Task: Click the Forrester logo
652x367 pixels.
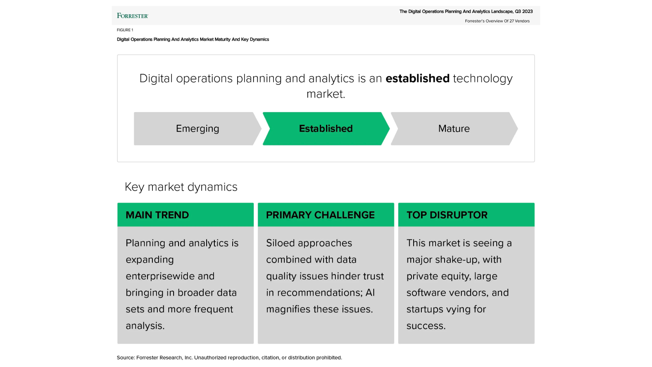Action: click(x=132, y=16)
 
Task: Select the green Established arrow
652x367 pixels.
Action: click(x=326, y=128)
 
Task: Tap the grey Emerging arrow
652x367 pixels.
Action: click(x=197, y=128)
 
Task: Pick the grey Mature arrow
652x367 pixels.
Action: click(x=454, y=128)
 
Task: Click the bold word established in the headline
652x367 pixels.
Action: click(x=417, y=78)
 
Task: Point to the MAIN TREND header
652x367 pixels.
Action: click(x=157, y=215)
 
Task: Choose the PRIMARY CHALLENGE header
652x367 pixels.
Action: click(x=320, y=215)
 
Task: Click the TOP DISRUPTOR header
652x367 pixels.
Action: click(x=447, y=215)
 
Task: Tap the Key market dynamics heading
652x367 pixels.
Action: click(x=181, y=187)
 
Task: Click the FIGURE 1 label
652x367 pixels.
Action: click(x=125, y=30)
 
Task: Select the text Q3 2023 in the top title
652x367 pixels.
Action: click(x=524, y=11)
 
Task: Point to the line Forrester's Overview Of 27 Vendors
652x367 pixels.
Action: click(x=497, y=21)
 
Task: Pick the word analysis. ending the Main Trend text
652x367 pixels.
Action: click(x=145, y=326)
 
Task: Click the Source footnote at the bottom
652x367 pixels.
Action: click(x=229, y=358)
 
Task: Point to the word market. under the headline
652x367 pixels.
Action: click(x=326, y=94)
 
